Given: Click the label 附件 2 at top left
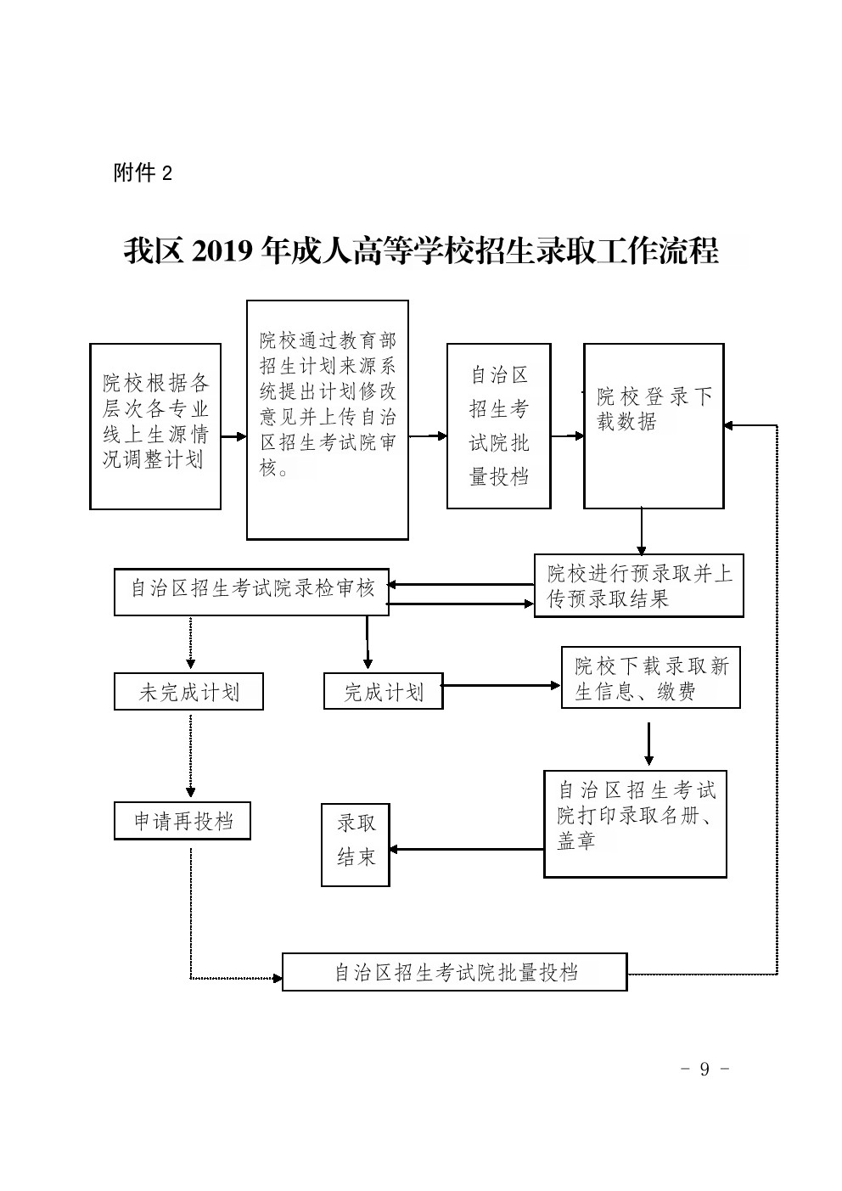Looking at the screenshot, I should [x=143, y=173].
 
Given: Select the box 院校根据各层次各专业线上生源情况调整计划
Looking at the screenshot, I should [x=155, y=426].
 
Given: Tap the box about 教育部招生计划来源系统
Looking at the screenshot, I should [x=327, y=419].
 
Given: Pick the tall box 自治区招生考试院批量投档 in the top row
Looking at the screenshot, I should [x=498, y=426].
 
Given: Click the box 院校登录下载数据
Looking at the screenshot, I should [x=654, y=426].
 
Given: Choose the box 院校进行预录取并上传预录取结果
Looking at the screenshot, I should [x=638, y=586].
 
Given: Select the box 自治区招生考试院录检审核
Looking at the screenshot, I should [x=251, y=591].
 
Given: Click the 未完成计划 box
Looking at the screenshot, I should [x=188, y=692].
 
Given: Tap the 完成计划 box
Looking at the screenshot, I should [x=383, y=692].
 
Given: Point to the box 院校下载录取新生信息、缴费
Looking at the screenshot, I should [x=650, y=677].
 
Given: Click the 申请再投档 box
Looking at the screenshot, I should [x=182, y=822].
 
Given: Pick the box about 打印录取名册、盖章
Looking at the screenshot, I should [x=635, y=823].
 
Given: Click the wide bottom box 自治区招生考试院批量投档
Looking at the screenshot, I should [x=454, y=972].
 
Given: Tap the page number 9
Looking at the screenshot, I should [x=704, y=1069].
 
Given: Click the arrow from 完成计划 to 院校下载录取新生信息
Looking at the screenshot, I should [x=501, y=685].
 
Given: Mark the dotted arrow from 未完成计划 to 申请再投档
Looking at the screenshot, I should [x=189, y=756].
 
